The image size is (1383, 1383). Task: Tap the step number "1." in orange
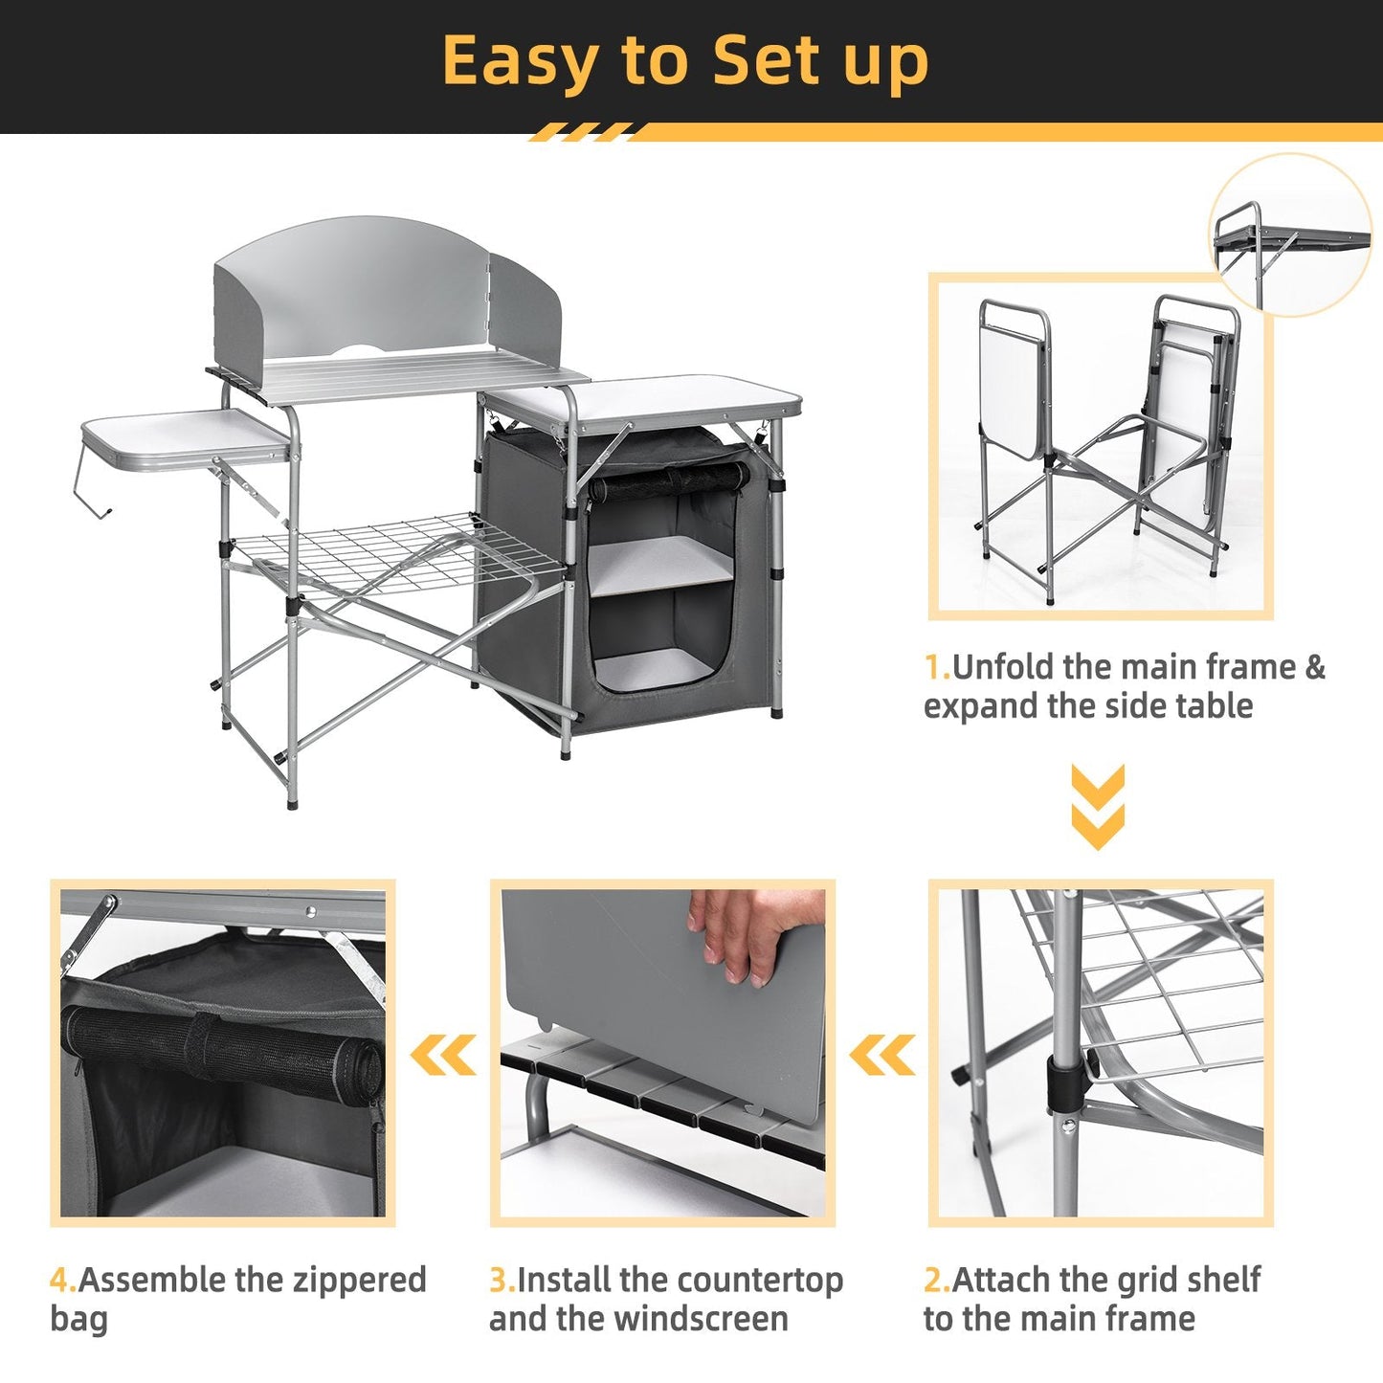coord(936,667)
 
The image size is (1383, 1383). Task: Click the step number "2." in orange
coord(936,1280)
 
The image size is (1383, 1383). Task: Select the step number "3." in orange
coord(502,1280)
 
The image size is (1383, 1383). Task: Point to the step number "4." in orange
coord(62,1280)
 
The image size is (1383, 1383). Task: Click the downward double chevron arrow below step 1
coord(1098,807)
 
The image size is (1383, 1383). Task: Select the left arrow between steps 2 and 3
coord(881,1056)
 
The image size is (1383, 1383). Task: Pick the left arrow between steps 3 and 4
coord(443,1056)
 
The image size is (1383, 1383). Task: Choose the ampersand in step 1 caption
coord(1314,667)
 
